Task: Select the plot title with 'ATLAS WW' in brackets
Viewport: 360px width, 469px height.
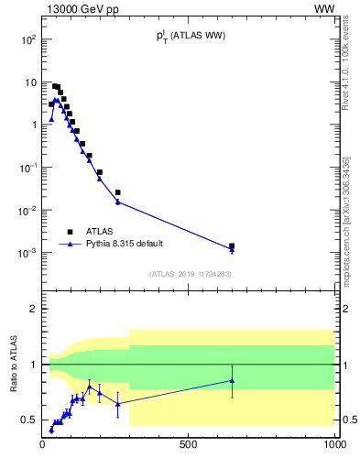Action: (x=190, y=37)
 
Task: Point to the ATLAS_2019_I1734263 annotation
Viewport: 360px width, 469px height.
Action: (x=190, y=273)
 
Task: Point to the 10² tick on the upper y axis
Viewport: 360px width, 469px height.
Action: (x=28, y=40)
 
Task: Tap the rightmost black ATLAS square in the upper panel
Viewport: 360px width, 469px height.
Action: (x=232, y=245)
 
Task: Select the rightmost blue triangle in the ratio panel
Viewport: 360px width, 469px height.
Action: (x=232, y=380)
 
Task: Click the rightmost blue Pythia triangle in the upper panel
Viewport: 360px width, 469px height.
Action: (x=232, y=249)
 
